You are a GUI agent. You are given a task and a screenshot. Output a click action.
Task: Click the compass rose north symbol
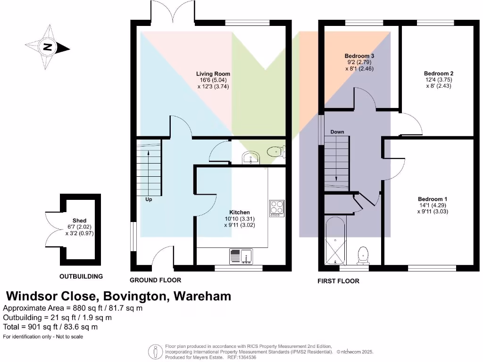47,47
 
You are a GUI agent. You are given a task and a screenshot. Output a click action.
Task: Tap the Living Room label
213,74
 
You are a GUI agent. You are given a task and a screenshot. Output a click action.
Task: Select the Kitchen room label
240,212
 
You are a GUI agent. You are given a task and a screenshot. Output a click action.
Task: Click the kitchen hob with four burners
277,208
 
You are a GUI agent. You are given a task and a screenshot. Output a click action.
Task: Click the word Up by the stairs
149,199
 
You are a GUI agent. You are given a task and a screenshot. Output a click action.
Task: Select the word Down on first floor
337,132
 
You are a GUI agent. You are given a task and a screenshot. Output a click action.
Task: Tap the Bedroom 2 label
439,74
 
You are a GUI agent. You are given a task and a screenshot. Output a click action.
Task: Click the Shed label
79,221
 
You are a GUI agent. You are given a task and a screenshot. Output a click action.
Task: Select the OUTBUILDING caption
81,276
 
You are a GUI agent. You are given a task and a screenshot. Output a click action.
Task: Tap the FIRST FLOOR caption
338,281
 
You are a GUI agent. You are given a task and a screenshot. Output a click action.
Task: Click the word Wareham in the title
203,296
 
